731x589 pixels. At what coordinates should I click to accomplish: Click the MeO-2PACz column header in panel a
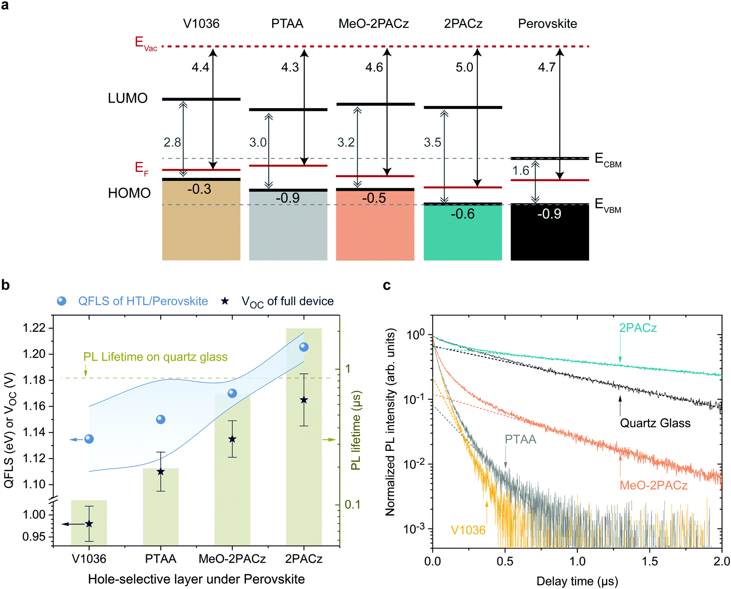pos(373,24)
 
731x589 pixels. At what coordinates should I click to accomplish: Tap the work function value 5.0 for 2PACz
pos(464,67)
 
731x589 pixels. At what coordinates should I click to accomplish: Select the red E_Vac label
pos(146,43)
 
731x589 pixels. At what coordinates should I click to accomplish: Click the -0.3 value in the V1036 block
pos(199,189)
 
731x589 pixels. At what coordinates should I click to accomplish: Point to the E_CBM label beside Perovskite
pos(608,160)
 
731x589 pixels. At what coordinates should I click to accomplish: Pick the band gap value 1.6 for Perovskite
pos(521,170)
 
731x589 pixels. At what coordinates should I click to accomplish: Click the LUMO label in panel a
pos(128,99)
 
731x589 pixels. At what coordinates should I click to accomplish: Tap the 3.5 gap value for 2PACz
pos(433,143)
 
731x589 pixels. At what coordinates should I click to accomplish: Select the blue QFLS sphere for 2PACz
pos(304,347)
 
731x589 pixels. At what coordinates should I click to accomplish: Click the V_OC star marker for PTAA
pos(161,472)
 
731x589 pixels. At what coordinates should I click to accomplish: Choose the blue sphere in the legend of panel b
pos(62,301)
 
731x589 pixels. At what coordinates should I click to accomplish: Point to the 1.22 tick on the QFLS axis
pos(34,328)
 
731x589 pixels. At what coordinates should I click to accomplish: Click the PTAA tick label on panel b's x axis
pos(161,559)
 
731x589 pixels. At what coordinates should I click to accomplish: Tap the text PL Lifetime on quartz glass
pos(155,357)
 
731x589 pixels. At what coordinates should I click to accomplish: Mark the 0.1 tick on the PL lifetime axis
pos(353,505)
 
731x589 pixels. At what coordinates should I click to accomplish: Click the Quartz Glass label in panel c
pos(655,423)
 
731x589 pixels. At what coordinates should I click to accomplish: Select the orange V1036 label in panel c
pos(468,530)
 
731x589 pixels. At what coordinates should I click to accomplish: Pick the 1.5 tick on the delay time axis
pos(649,561)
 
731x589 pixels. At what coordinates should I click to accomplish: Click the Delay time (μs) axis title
pos(577,581)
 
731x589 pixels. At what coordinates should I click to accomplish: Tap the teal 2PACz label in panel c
pos(637,328)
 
